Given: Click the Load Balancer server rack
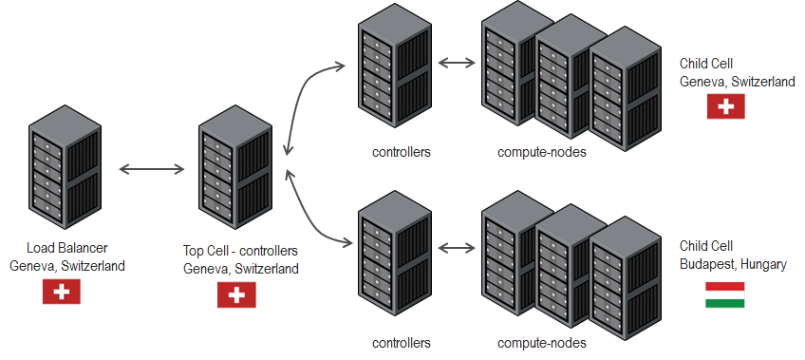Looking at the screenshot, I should pyautogui.click(x=64, y=169).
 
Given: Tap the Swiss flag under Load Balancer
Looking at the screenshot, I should pyautogui.click(x=62, y=293).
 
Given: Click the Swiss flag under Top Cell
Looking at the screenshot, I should pyautogui.click(x=236, y=296).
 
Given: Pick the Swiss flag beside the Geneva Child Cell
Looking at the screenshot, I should pyautogui.click(x=726, y=107).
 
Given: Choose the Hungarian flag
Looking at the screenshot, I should pyautogui.click(x=724, y=295).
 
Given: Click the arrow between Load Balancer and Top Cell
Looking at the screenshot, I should pyautogui.click(x=151, y=170).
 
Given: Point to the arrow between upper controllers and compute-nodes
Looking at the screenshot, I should pyautogui.click(x=458, y=65).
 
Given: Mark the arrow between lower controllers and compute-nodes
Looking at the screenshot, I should pyautogui.click(x=458, y=249).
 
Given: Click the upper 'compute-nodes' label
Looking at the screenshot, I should pyautogui.click(x=541, y=152).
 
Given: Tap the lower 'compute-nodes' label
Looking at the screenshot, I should pyautogui.click(x=541, y=343).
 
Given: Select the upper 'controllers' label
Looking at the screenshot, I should pyautogui.click(x=402, y=152).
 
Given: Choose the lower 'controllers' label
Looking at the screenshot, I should pyautogui.click(x=402, y=343).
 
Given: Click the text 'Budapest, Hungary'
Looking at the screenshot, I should pyautogui.click(x=733, y=264).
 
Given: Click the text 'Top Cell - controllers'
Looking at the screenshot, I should pyautogui.click(x=240, y=252).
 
